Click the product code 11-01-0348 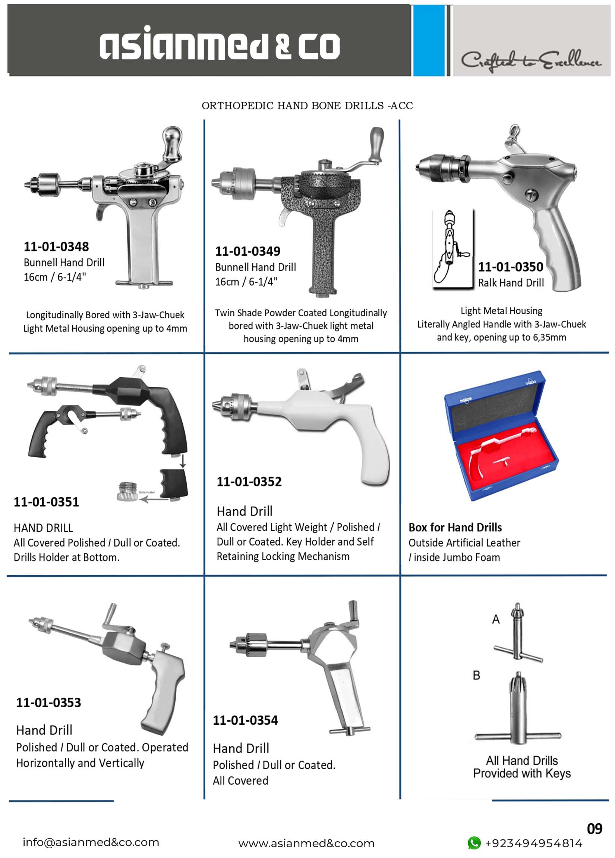click(56, 247)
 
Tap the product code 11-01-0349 click(248, 251)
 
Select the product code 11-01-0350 click(511, 267)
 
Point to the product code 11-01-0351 click(47, 502)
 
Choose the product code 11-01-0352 click(249, 482)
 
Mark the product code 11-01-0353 click(49, 702)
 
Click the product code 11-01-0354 click(245, 720)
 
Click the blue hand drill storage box click(501, 436)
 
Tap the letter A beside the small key click(496, 619)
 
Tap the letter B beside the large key click(476, 675)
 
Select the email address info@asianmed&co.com click(91, 842)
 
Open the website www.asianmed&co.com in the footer click(306, 843)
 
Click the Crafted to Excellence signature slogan click(531, 60)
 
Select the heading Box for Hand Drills click(455, 527)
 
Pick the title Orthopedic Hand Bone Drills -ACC click(307, 106)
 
